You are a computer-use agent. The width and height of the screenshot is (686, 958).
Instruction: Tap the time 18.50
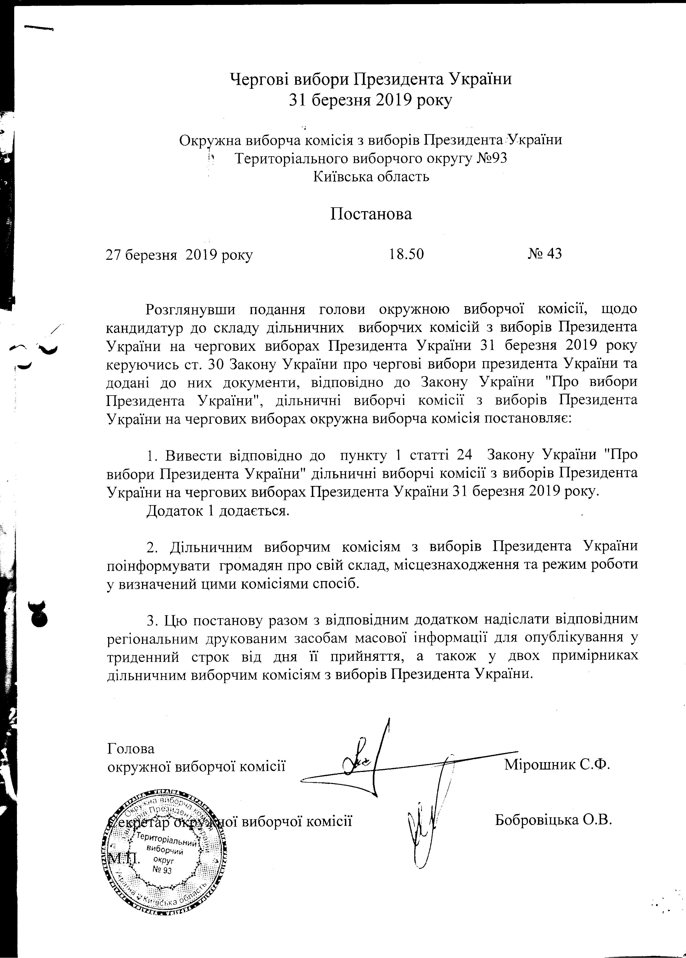tap(406, 254)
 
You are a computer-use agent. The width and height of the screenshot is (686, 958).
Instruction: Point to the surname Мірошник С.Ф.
tap(558, 765)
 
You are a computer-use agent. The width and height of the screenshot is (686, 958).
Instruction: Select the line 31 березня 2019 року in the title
tap(370, 100)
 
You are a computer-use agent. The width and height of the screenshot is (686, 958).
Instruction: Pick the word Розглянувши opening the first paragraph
tap(190, 309)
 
